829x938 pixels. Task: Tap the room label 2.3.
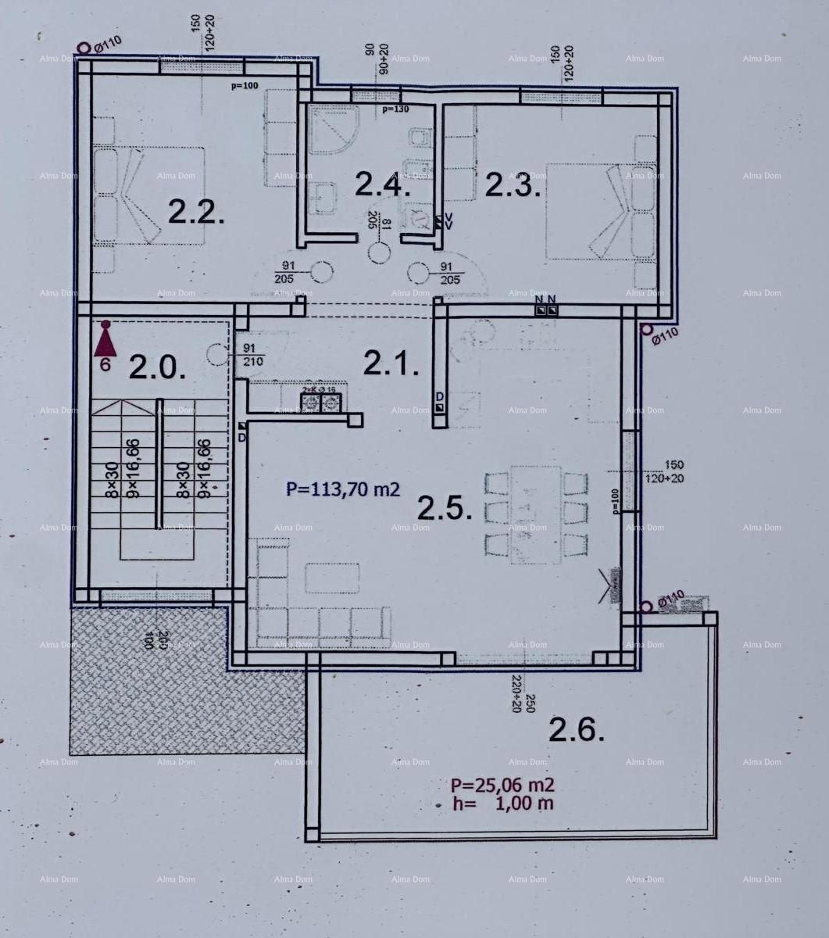coord(513,185)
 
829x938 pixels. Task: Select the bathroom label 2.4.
coord(382,184)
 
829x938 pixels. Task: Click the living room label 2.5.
coord(445,509)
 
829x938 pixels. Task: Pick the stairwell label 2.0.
coord(157,367)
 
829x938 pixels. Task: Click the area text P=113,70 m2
coord(343,489)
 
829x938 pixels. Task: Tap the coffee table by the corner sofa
coord(332,578)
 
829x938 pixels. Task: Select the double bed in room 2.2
coord(148,195)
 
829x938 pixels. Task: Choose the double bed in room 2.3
coord(600,211)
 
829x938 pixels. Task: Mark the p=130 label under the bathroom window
coord(395,109)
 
